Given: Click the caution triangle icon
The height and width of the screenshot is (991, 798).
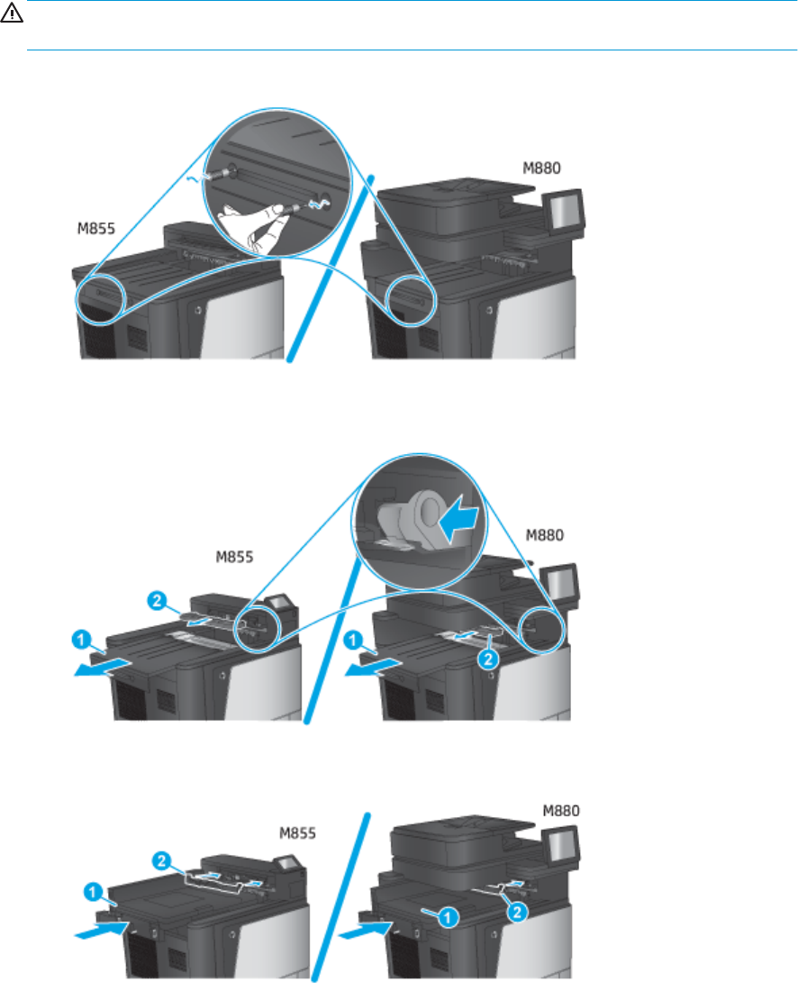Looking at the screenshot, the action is pyautogui.click(x=12, y=14).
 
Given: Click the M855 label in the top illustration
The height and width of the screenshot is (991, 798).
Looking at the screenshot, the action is pyautogui.click(x=96, y=228).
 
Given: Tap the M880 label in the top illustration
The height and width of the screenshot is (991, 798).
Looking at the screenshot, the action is pyautogui.click(x=541, y=168).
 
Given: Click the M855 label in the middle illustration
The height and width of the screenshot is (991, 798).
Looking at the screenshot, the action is pyautogui.click(x=234, y=557).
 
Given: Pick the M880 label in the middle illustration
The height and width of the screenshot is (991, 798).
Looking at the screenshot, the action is pyautogui.click(x=545, y=535).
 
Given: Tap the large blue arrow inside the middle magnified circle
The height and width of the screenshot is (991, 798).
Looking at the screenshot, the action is pyautogui.click(x=460, y=518).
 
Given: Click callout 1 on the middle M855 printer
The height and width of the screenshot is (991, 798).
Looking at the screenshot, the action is pyautogui.click(x=81, y=641).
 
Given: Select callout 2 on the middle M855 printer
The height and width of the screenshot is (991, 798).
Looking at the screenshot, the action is pyautogui.click(x=158, y=600).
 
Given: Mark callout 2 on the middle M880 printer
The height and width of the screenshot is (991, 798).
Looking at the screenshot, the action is pyautogui.click(x=488, y=659).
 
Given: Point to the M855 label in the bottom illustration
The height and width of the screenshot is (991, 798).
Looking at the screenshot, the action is pyautogui.click(x=297, y=833).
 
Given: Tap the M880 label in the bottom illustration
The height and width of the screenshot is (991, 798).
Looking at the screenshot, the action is pyautogui.click(x=561, y=811).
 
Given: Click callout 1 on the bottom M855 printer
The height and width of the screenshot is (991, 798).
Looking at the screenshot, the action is pyautogui.click(x=94, y=893).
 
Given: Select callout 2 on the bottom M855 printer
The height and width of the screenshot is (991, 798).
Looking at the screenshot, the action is pyautogui.click(x=162, y=860).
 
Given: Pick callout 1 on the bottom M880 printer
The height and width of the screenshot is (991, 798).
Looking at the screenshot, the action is pyautogui.click(x=448, y=917).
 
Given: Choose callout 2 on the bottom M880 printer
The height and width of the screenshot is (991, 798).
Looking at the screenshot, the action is pyautogui.click(x=517, y=912).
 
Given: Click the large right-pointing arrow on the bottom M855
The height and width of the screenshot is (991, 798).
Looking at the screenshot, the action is pyautogui.click(x=103, y=930).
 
